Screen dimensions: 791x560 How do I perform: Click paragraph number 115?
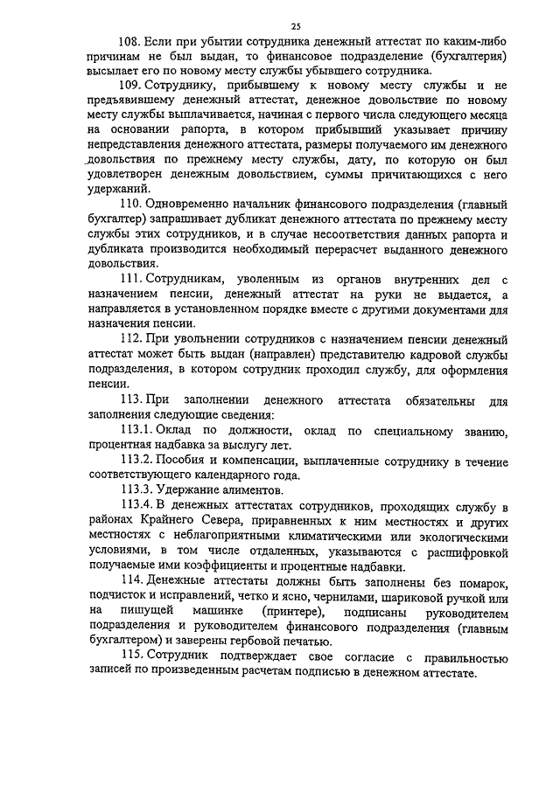click(x=131, y=654)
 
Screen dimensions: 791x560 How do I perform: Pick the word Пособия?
click(x=181, y=461)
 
